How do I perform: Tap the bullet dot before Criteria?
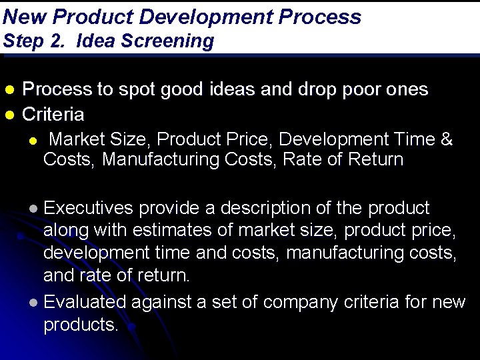click(9, 115)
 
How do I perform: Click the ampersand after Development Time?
click(447, 140)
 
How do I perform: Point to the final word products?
click(80, 325)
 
